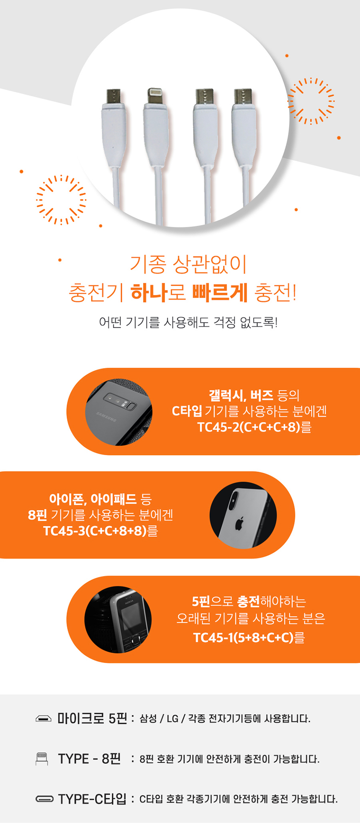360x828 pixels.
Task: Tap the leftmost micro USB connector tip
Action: coord(113,97)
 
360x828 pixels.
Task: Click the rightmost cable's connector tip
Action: coord(243,97)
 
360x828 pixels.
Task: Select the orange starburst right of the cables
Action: coord(311,101)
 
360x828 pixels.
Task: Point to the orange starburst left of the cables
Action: coord(61,199)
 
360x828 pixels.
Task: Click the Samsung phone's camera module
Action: coord(120,402)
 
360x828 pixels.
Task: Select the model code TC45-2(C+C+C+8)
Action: coord(249,427)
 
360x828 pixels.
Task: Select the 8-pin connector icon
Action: coord(42,759)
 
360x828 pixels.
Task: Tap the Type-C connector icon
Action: coord(44,799)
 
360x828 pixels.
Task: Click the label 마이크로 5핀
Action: coord(92,718)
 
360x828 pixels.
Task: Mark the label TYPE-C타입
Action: coord(92,799)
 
